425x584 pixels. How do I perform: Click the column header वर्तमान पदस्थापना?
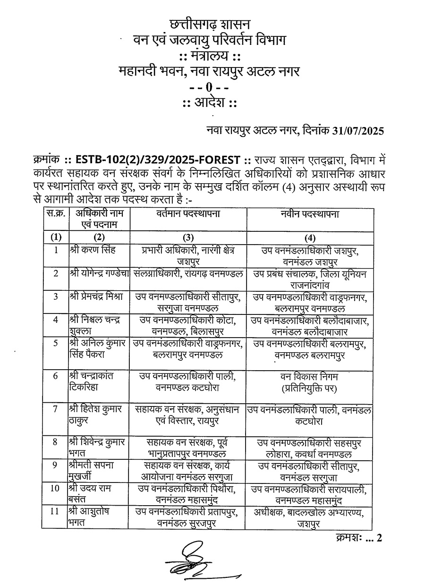click(x=188, y=214)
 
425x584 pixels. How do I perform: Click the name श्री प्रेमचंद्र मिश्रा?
click(x=95, y=296)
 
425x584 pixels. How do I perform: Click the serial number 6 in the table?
click(x=56, y=376)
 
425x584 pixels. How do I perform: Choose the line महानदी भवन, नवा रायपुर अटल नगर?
click(x=209, y=72)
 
